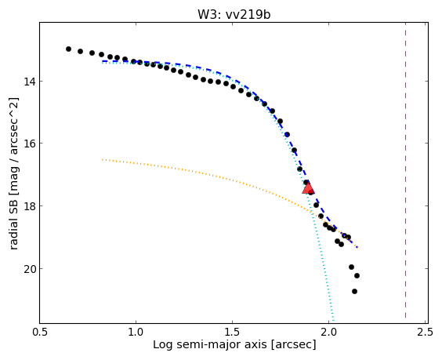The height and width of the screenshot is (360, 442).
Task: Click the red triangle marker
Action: pyautogui.click(x=308, y=188)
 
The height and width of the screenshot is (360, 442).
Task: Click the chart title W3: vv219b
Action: pyautogui.click(x=234, y=15)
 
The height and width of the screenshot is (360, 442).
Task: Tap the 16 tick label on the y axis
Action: pyautogui.click(x=29, y=144)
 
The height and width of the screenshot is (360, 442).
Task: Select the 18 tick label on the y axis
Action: pyautogui.click(x=29, y=206)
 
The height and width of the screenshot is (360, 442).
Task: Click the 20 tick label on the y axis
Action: pyautogui.click(x=29, y=269)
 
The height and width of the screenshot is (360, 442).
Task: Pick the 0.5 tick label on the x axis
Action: pyautogui.click(x=40, y=332)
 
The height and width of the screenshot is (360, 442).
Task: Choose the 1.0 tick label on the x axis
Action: pyautogui.click(x=136, y=332)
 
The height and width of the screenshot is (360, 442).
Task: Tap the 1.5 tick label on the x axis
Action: pyautogui.click(x=233, y=332)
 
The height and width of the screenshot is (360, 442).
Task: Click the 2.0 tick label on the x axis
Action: pyautogui.click(x=329, y=332)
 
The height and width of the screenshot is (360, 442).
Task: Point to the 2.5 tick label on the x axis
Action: pyautogui.click(x=426, y=332)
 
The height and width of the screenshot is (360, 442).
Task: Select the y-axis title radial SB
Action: pyautogui.click(x=13, y=224)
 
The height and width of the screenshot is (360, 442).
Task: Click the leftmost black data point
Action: pyautogui.click(x=68, y=49)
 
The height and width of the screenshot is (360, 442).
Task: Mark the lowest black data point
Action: pyautogui.click(x=354, y=291)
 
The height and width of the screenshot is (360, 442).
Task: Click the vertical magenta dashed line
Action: pyautogui.click(x=406, y=173)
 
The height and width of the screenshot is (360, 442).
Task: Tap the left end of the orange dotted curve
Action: pyautogui.click(x=103, y=160)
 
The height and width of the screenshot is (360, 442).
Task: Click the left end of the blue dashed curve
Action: pyautogui.click(x=103, y=61)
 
